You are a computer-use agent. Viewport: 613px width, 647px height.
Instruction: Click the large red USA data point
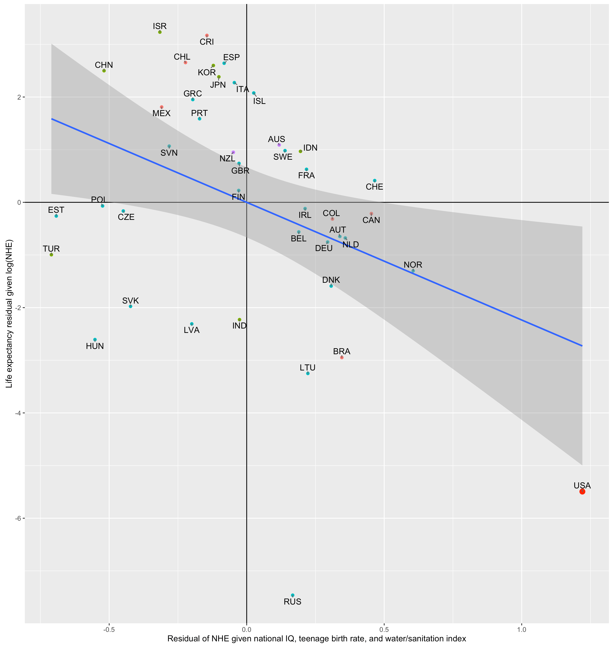pyautogui.click(x=582, y=491)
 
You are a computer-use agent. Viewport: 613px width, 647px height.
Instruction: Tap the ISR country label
pyautogui.click(x=160, y=26)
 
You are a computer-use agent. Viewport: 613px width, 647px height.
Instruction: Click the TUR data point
pyautogui.click(x=51, y=254)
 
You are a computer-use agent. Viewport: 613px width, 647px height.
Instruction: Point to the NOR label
pyautogui.click(x=413, y=265)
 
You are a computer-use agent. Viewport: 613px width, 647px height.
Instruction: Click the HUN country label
pyautogui.click(x=95, y=346)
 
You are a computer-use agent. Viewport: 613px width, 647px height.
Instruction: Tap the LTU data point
pyautogui.click(x=307, y=373)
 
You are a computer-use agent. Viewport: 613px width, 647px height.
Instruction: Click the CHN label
pyautogui.click(x=104, y=65)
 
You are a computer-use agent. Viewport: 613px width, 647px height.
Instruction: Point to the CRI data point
pyautogui.click(x=207, y=35)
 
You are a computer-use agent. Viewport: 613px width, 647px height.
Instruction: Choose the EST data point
pyautogui.click(x=56, y=216)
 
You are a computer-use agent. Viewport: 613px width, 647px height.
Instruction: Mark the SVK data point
pyautogui.click(x=130, y=306)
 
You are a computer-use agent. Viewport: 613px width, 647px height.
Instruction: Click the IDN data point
pyautogui.click(x=300, y=151)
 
